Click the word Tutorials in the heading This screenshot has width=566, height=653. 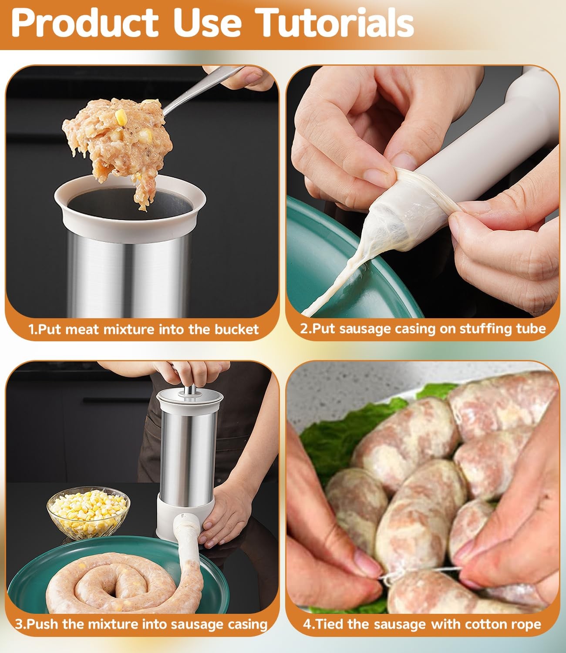334,23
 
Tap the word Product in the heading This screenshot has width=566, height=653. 85,23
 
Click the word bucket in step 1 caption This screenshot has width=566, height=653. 237,330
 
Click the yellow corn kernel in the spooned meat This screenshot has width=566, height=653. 121,117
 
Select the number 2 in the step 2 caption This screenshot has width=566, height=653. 304,329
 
